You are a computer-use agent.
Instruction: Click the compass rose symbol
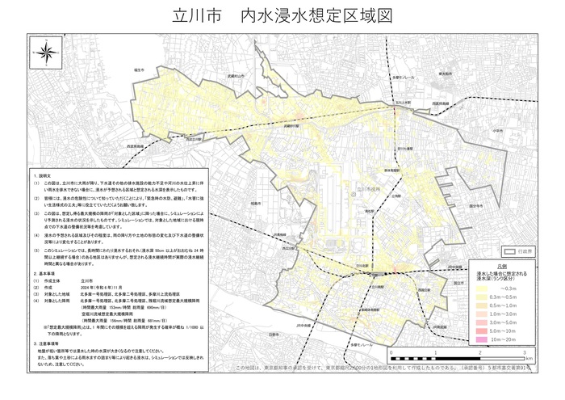click(x=48, y=55)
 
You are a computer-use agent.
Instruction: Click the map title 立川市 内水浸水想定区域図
click(x=282, y=16)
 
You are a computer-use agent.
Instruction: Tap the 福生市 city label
click(x=140, y=71)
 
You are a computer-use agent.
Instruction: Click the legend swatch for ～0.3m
click(x=483, y=288)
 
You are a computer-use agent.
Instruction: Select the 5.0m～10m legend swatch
click(x=483, y=331)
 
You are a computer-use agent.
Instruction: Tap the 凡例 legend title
click(x=501, y=263)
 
